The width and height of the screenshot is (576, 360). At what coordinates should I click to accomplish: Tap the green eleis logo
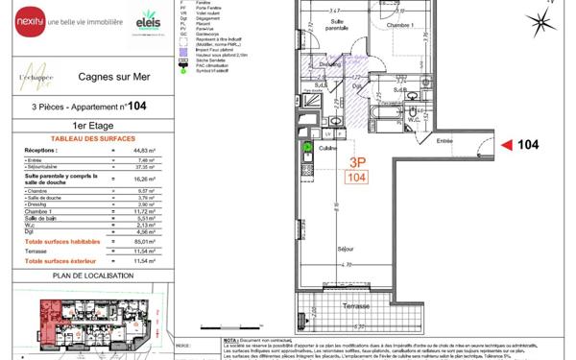(149, 18)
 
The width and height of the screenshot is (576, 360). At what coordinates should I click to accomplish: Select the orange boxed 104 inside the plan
(356, 178)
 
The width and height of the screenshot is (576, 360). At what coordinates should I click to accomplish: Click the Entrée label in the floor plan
(444, 141)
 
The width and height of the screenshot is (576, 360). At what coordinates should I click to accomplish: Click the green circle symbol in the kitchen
(308, 147)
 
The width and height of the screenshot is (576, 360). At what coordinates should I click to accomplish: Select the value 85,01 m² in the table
(145, 241)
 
